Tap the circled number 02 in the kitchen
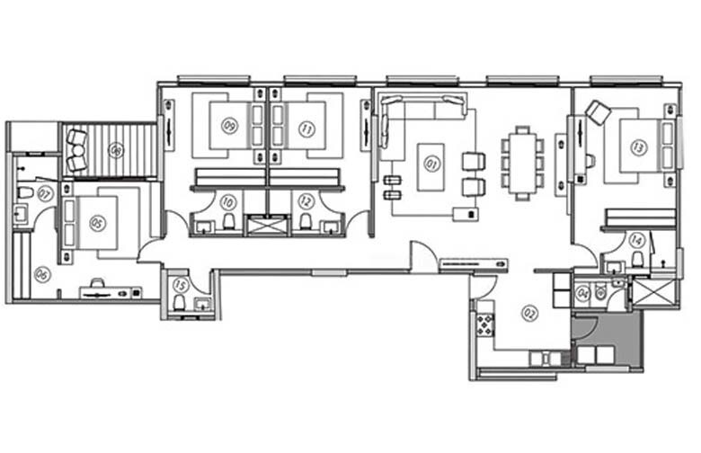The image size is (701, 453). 528,314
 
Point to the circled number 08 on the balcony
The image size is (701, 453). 116,149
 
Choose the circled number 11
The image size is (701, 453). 306,129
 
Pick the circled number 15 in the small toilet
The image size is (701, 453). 180,286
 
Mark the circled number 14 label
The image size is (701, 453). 637,239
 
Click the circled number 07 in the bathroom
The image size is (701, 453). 44,192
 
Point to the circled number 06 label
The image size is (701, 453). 41,275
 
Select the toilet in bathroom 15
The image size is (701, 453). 180,304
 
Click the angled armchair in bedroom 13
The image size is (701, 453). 598,112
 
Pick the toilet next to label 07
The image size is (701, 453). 25,192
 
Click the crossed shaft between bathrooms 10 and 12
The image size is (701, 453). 268,225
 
